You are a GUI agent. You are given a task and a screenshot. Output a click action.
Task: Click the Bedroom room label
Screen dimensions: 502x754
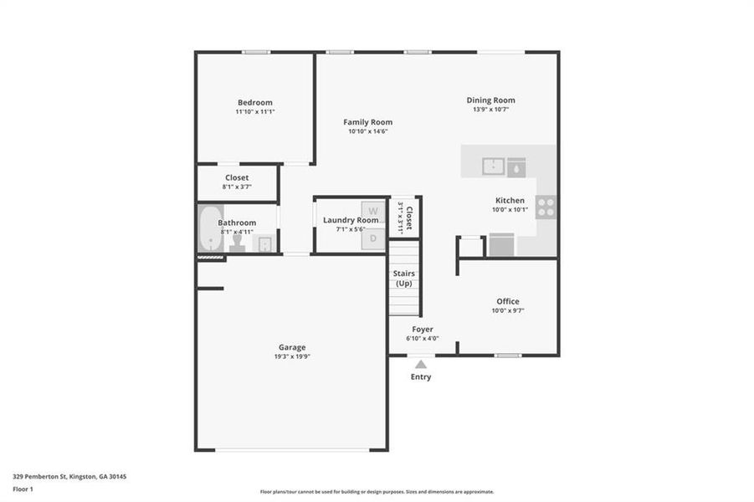(x=254, y=102)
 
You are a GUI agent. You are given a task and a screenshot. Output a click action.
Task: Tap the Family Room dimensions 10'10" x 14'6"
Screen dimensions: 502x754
(x=370, y=132)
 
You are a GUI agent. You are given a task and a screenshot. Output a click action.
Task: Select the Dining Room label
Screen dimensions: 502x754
(x=490, y=100)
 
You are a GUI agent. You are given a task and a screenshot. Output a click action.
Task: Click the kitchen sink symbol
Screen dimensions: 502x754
(x=494, y=166)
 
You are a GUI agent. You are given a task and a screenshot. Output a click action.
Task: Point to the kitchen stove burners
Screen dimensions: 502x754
(x=546, y=207)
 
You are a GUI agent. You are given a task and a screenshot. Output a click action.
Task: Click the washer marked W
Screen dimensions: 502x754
(x=373, y=210)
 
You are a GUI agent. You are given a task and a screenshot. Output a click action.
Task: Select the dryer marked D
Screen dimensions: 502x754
(x=373, y=239)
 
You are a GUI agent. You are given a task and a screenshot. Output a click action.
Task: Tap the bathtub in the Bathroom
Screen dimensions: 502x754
(x=208, y=229)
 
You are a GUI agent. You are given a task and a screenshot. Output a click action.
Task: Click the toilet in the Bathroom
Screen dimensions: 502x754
(x=238, y=243)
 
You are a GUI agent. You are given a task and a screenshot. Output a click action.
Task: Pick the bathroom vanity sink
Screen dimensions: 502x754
(x=264, y=243)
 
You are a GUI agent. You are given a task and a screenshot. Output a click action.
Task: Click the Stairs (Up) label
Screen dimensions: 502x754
(x=404, y=279)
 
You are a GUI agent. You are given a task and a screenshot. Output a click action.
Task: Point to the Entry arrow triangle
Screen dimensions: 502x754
(x=421, y=364)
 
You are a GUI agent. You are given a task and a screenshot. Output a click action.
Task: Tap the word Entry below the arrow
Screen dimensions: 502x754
(x=421, y=377)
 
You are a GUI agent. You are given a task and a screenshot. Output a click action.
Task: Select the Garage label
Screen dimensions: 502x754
(x=292, y=347)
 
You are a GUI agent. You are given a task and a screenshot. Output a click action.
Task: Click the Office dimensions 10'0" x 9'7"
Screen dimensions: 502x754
(x=508, y=311)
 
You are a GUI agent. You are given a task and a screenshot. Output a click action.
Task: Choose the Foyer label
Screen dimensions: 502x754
(x=423, y=329)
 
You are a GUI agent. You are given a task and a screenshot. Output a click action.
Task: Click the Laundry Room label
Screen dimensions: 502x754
(x=351, y=220)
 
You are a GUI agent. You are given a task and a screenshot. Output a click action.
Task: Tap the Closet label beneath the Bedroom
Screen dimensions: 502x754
(x=237, y=177)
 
